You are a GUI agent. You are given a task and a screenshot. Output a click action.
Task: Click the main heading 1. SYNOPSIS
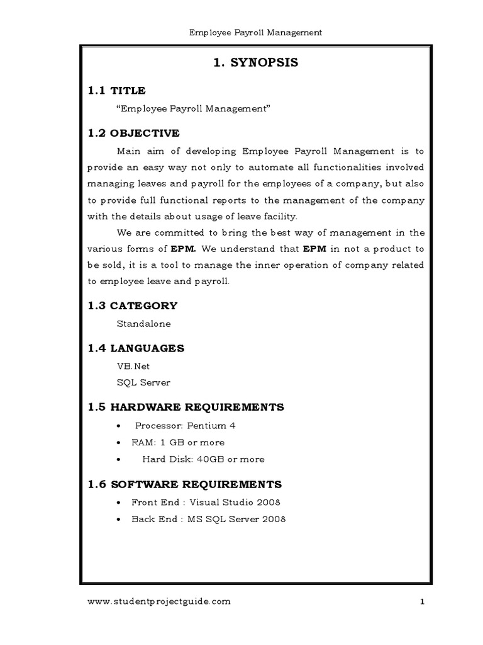(255, 62)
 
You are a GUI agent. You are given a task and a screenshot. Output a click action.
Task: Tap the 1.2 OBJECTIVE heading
(133, 133)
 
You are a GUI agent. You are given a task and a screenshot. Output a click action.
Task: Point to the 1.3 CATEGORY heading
(132, 305)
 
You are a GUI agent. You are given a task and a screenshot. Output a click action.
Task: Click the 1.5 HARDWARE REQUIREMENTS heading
(186, 407)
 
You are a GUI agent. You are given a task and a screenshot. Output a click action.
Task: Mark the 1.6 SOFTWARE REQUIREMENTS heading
(184, 484)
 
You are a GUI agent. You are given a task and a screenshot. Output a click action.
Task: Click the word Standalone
(143, 324)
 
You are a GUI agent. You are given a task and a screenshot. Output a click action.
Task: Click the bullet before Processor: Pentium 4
(119, 426)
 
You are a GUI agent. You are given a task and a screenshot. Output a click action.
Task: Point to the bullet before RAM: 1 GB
(119, 443)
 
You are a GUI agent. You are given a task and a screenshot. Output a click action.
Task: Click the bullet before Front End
(119, 503)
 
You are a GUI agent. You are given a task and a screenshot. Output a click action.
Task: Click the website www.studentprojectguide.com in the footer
(159, 602)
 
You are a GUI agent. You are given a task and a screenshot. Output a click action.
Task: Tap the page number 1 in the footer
(423, 602)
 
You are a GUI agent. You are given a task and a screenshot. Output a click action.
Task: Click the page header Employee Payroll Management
(255, 33)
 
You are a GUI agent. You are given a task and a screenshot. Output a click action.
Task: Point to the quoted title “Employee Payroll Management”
(193, 109)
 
